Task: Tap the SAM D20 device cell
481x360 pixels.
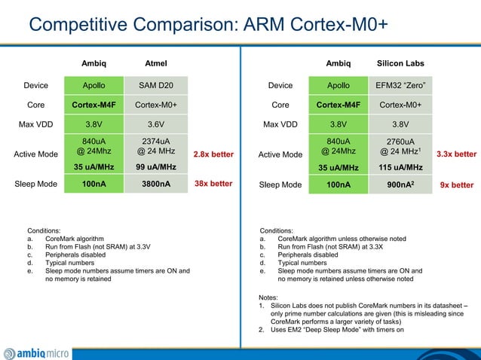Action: pyautogui.click(x=155, y=86)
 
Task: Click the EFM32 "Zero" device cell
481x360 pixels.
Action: pyautogui.click(x=400, y=86)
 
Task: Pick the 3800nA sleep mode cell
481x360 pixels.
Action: pyautogui.click(x=155, y=184)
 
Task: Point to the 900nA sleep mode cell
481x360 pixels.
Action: pyautogui.click(x=400, y=184)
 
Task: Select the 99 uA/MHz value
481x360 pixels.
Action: pyautogui.click(x=155, y=166)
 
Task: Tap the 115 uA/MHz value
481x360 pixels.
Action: pyautogui.click(x=400, y=166)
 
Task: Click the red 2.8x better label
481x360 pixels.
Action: pyautogui.click(x=213, y=154)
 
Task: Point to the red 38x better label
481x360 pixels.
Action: pyautogui.click(x=213, y=184)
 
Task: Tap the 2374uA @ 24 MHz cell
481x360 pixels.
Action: pyautogui.click(x=155, y=145)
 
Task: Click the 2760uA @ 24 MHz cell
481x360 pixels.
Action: pyautogui.click(x=400, y=145)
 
